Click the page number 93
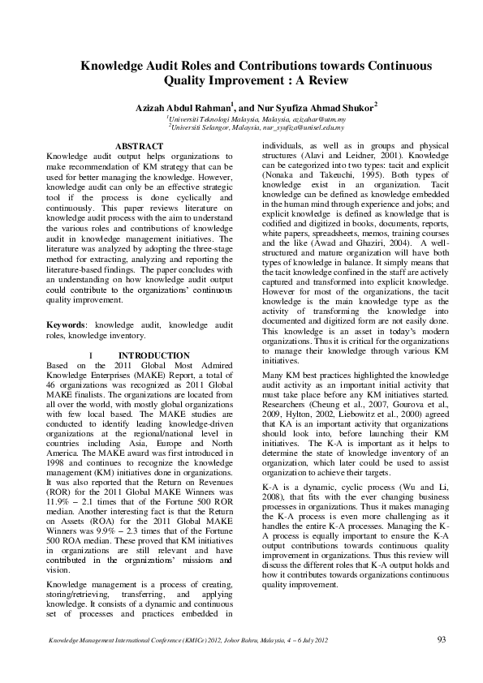(x=442, y=640)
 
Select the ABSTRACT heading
(x=140, y=146)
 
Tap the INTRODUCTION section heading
(x=153, y=355)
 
